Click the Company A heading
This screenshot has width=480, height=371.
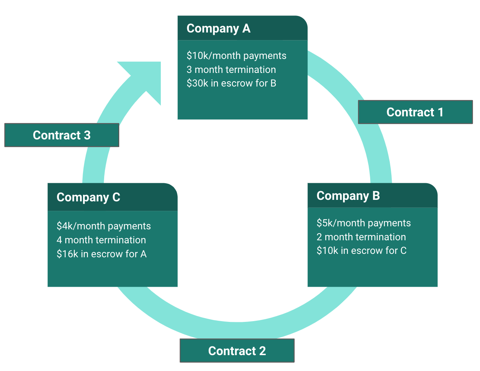[x=218, y=29]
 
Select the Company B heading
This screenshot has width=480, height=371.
[x=348, y=196]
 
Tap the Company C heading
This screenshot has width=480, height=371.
[x=88, y=198]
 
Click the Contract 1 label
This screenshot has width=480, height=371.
[x=415, y=112]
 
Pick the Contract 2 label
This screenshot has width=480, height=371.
[x=237, y=351]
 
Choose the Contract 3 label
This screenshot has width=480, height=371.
[x=62, y=135]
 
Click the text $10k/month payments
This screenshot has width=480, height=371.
[x=236, y=56]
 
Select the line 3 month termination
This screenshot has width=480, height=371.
[x=231, y=70]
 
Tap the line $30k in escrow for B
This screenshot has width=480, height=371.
[x=231, y=83]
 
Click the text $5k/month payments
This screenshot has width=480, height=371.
[x=363, y=223]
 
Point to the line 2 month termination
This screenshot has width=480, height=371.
[x=361, y=237]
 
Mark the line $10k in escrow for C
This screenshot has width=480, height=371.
[x=362, y=251]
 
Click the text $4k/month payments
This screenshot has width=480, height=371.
[x=103, y=226]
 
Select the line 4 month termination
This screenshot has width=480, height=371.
[x=101, y=240]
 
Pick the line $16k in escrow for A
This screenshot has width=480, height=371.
[x=102, y=254]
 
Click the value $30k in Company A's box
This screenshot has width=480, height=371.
[x=197, y=83]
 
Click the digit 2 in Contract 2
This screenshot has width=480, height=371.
[x=262, y=351]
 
